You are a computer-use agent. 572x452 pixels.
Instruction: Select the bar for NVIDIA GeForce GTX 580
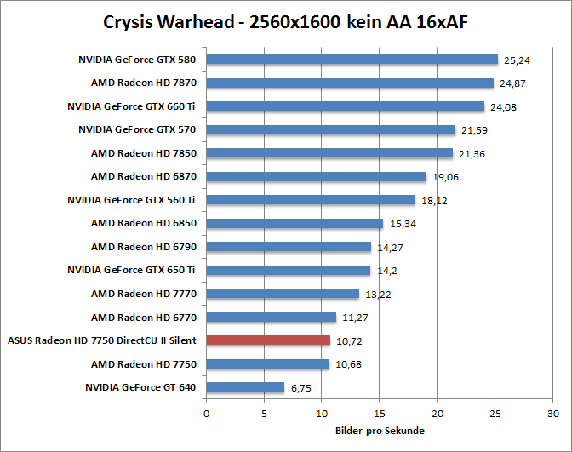[x=352, y=60]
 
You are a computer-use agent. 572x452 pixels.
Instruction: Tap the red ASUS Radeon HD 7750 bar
[x=268, y=340]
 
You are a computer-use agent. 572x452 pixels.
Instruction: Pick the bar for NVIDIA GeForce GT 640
[x=245, y=387]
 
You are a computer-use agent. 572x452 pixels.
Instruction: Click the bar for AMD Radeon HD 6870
[x=316, y=176]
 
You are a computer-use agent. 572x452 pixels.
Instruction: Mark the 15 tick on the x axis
[x=379, y=414]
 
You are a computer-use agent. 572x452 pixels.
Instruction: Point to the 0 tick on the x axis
[x=206, y=414]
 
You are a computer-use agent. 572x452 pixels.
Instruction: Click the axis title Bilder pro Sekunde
[x=379, y=431]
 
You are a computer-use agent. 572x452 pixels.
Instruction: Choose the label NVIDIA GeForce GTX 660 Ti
[x=132, y=106]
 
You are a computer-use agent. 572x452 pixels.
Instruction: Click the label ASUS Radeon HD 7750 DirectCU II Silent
[x=102, y=340]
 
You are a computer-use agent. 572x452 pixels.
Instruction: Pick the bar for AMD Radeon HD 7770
[x=283, y=294]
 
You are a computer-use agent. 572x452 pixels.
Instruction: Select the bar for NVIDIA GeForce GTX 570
[x=331, y=129]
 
